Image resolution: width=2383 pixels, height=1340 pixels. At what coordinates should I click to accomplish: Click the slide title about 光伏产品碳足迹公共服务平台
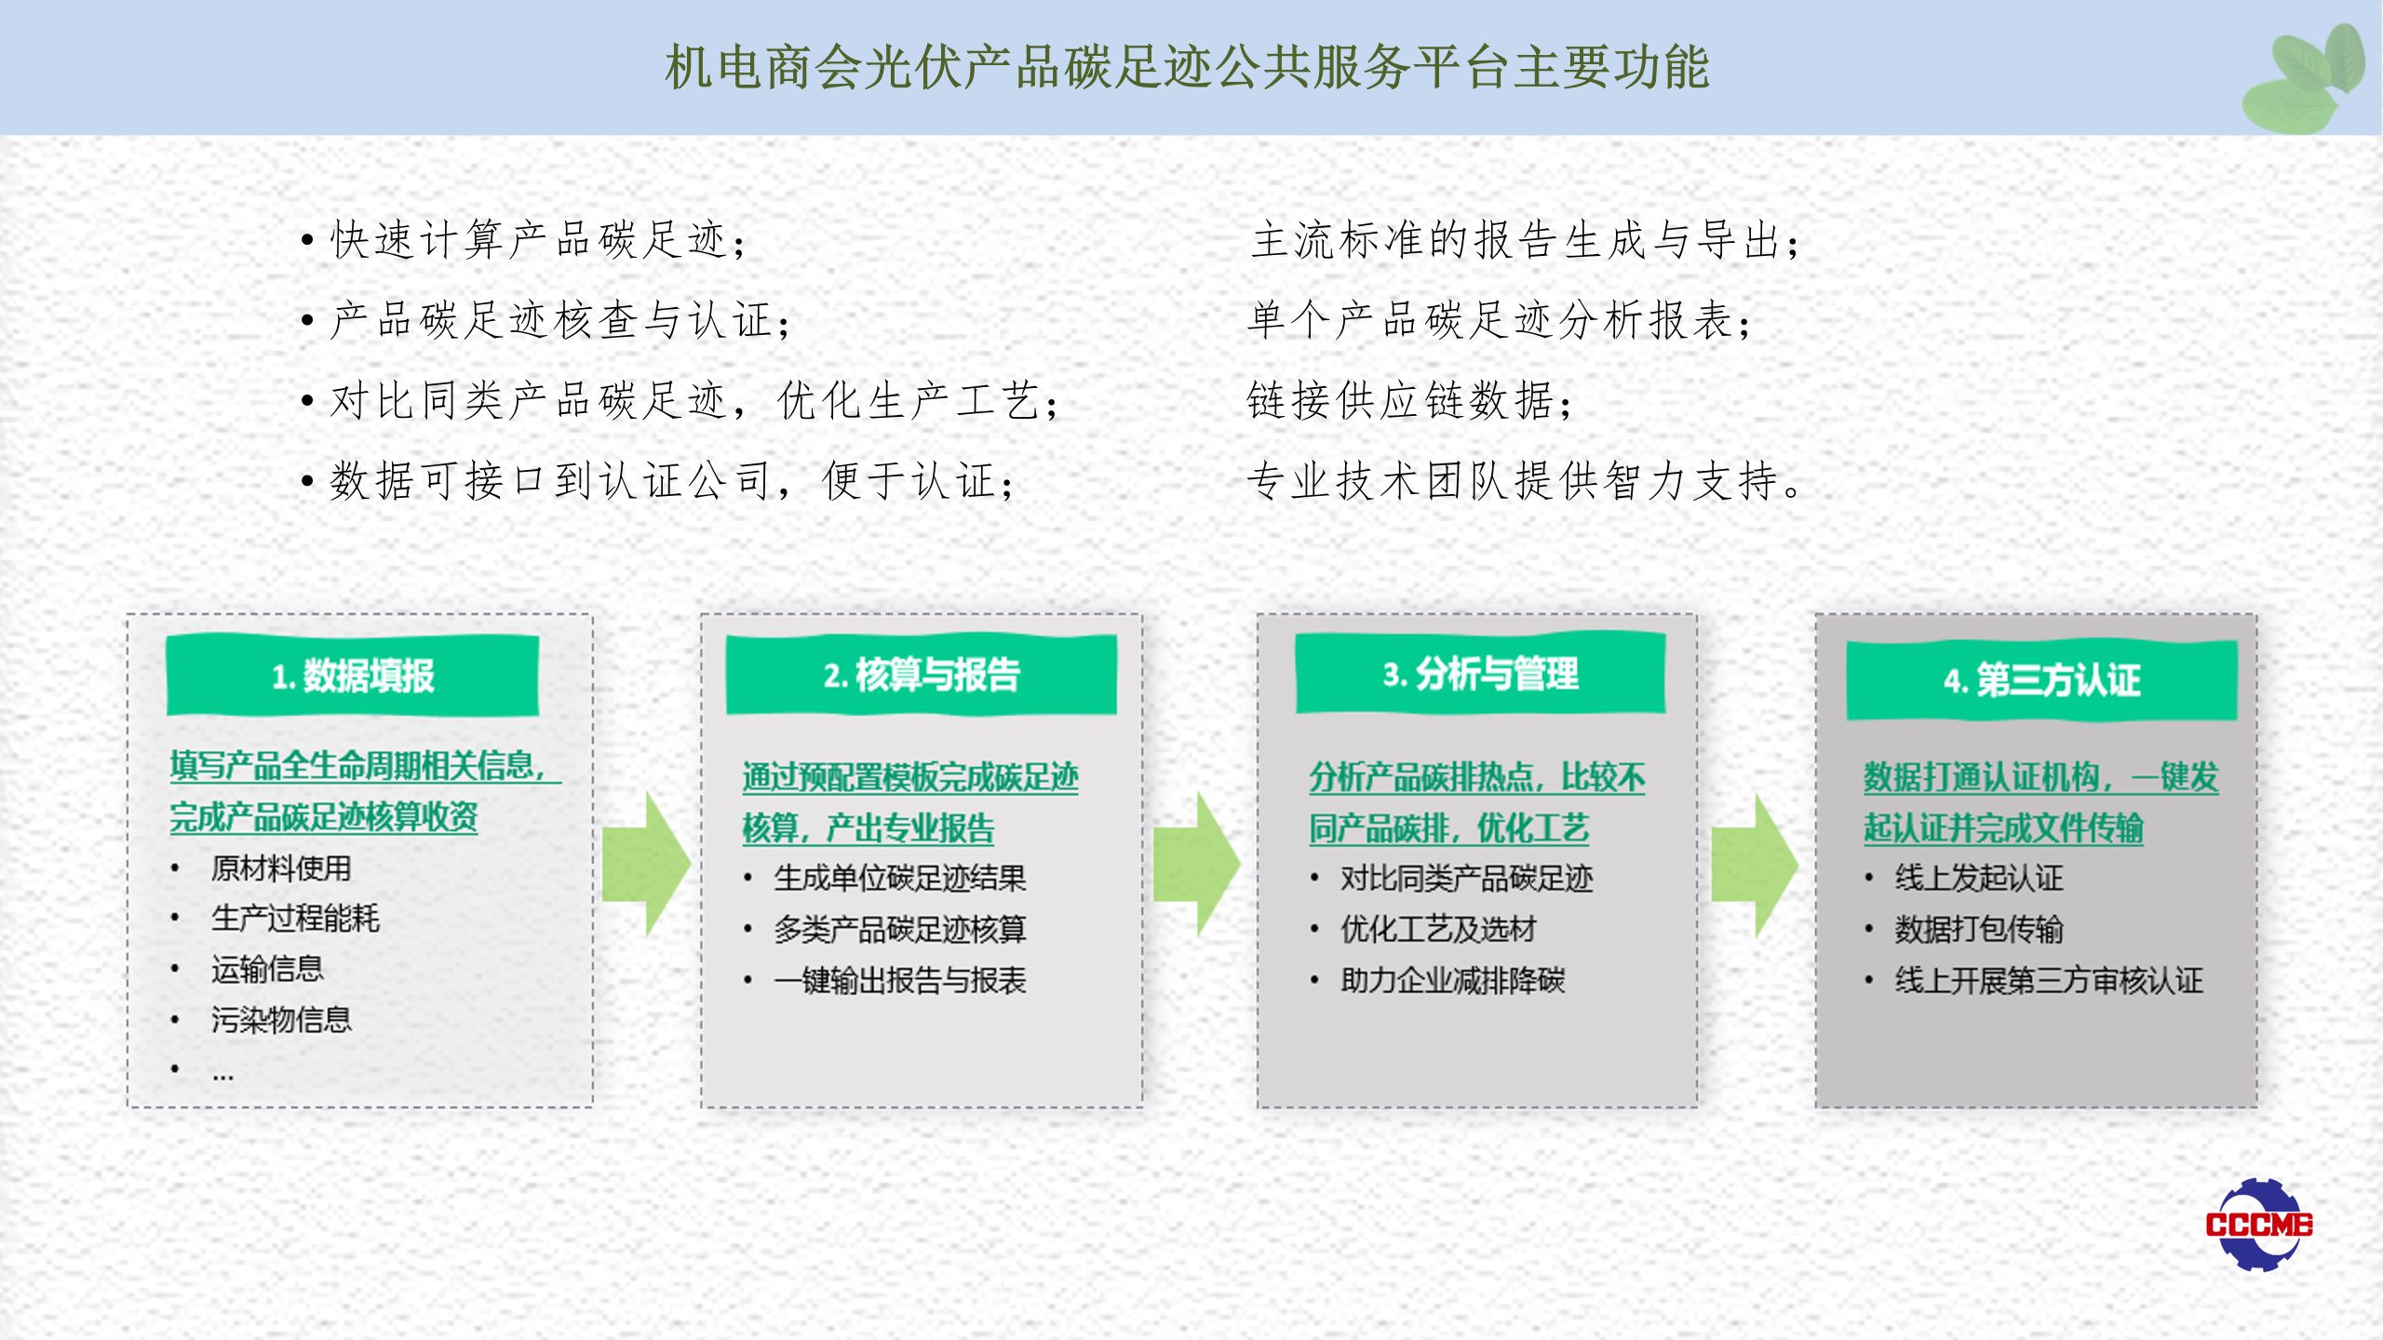1187,68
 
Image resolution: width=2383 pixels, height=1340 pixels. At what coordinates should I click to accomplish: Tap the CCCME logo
2258,1224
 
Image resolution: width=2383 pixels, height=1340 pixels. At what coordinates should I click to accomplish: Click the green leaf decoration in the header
2305,79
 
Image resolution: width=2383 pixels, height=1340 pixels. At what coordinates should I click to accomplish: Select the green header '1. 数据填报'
353,676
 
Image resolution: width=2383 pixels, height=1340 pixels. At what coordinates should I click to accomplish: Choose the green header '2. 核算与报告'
922,675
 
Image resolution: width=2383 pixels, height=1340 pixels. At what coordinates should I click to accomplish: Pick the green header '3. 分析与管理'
1480,674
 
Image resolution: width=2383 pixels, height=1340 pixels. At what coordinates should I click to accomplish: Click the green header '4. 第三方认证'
2041,680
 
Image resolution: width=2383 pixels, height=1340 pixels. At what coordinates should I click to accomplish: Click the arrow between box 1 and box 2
646,864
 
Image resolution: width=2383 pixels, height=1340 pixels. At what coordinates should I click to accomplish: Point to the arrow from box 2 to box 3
1197,864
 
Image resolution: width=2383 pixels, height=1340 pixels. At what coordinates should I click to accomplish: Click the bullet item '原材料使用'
281,868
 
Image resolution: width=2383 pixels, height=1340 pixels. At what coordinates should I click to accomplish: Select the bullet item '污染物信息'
281,1020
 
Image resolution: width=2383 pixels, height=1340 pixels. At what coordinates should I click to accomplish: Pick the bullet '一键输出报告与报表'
900,980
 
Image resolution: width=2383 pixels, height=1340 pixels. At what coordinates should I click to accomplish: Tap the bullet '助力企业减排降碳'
1453,980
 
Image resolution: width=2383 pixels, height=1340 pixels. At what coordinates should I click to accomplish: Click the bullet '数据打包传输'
1979,929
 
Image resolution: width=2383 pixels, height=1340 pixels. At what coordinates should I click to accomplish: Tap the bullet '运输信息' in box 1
267,969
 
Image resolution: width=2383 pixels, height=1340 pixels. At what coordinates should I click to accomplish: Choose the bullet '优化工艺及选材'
1438,929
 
